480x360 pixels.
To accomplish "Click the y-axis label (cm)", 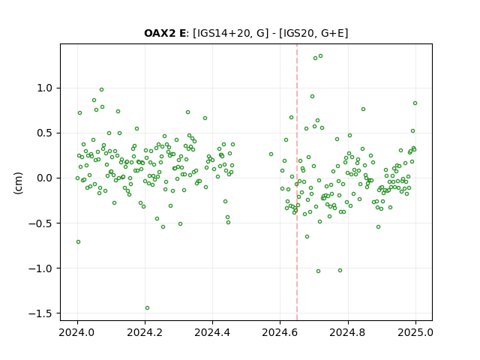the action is click(x=18, y=183).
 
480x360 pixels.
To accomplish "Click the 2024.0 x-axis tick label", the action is click(x=77, y=332).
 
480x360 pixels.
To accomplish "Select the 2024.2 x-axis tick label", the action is click(x=145, y=332).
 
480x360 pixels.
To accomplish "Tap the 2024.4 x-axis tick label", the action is click(x=212, y=332).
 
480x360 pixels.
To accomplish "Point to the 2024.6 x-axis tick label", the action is click(x=280, y=332).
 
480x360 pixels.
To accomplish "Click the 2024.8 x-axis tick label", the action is click(x=348, y=332).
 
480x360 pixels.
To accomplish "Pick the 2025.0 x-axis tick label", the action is click(x=415, y=332).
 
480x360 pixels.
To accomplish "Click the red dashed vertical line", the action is click(x=297, y=182).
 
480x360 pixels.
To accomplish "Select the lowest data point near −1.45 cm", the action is click(x=147, y=307).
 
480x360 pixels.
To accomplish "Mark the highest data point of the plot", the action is click(x=320, y=56).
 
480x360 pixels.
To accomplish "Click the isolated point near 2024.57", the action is click(x=271, y=154).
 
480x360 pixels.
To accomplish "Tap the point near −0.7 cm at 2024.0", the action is click(x=78, y=241).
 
